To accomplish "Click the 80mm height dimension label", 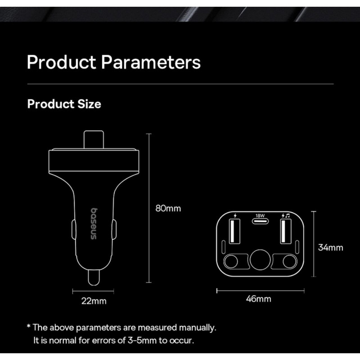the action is click(168, 208).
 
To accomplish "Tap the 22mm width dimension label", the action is click(94, 301).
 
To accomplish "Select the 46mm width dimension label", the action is click(258, 299).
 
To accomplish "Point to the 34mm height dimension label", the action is click(331, 247).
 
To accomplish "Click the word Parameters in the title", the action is click(151, 62).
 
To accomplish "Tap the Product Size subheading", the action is click(64, 104).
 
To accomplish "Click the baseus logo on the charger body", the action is click(94, 224).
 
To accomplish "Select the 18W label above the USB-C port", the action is click(260, 216).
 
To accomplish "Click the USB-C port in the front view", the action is click(260, 221).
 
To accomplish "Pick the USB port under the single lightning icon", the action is click(234, 231).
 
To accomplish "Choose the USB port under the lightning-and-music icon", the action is click(286, 231).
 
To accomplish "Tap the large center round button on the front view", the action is click(260, 260).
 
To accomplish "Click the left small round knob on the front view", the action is click(231, 261).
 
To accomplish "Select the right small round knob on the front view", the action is click(289, 261).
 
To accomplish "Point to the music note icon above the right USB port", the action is click(288, 216).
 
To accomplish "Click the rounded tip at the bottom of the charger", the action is click(94, 278).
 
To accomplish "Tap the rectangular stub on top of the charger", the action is click(94, 139).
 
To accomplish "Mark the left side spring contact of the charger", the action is click(74, 229).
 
